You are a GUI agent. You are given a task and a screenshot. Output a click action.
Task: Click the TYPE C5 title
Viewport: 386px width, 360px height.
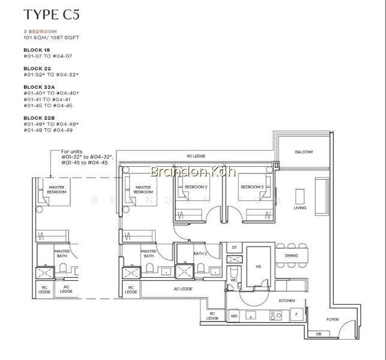click(52, 14)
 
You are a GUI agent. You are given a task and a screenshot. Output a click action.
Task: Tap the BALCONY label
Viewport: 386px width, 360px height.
click(304, 152)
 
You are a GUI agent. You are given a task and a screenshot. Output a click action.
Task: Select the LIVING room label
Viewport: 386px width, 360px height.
click(300, 208)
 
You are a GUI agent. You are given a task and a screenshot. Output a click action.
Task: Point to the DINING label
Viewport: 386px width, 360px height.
click(291, 256)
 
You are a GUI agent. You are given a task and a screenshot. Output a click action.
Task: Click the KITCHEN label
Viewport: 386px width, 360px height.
click(287, 301)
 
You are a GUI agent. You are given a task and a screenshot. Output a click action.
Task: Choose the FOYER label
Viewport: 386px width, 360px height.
click(333, 319)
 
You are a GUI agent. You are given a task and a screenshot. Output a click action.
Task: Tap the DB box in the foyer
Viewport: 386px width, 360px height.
click(319, 334)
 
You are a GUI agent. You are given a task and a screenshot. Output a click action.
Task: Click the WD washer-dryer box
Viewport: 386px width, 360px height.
click(234, 316)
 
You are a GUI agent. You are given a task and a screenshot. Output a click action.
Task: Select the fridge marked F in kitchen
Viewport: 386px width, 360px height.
click(297, 314)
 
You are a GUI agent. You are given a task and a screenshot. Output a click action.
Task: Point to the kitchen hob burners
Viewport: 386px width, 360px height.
click(276, 316)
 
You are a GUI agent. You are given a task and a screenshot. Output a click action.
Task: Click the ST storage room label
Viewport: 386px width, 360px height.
click(234, 248)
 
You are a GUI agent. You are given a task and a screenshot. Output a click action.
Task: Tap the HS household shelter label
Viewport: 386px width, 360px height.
click(258, 266)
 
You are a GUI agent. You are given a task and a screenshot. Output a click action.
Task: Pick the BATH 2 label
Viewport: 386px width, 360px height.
click(201, 253)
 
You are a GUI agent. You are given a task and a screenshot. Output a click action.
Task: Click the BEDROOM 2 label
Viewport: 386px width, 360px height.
click(196, 187)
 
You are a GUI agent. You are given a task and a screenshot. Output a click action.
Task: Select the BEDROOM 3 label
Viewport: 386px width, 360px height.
click(252, 187)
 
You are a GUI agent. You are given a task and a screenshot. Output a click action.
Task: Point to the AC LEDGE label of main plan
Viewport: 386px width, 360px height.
click(183, 289)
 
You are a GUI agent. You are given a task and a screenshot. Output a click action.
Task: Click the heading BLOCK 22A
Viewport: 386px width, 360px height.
click(39, 87)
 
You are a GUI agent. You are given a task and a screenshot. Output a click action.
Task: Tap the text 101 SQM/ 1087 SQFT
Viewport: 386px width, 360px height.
click(51, 38)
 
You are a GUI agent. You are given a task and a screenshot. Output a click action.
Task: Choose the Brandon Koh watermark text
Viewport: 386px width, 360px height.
click(193, 171)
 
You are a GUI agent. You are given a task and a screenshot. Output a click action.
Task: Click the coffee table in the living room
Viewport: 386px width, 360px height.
click(300, 196)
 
